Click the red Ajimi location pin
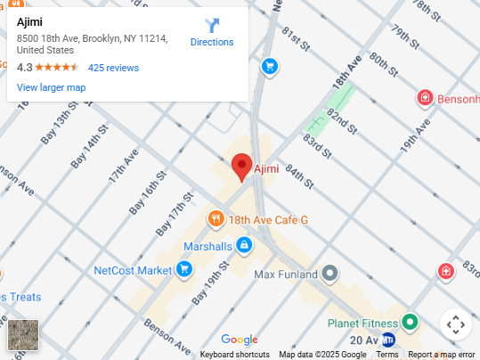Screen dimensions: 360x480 [x=241, y=167]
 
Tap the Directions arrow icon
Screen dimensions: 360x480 [x=212, y=26]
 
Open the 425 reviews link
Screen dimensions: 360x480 [x=113, y=68]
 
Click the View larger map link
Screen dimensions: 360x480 [x=51, y=87]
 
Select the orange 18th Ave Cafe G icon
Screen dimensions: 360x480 [x=216, y=219]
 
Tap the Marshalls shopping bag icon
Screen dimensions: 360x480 [x=244, y=246]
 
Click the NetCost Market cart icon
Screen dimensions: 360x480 [x=184, y=269]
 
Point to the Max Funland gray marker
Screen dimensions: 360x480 [x=330, y=273]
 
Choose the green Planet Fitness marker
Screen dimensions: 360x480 [x=410, y=322]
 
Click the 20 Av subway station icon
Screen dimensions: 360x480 [x=388, y=340]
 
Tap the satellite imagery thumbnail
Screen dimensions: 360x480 [x=23, y=335]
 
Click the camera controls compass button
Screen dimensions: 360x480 [x=454, y=324]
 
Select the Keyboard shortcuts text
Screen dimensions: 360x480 [x=234, y=355]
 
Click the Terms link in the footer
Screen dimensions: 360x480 [x=386, y=355]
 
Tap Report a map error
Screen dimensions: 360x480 [x=441, y=355]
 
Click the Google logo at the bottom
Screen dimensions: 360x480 [x=239, y=340]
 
